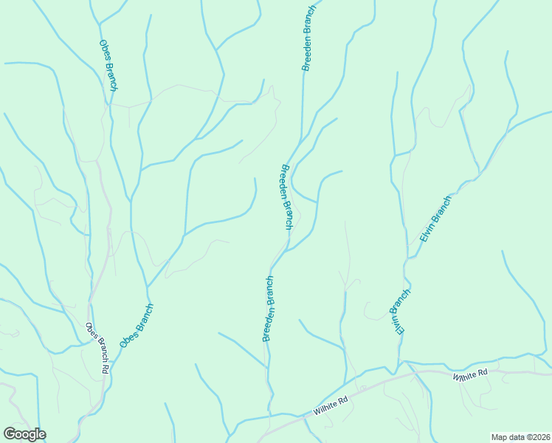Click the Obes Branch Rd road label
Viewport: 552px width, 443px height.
click(97, 348)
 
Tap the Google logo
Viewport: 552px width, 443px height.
click(24, 434)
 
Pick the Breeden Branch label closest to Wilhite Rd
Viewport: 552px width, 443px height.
click(269, 309)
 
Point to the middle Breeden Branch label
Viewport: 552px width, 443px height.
click(286, 196)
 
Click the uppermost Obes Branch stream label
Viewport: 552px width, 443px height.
click(108, 65)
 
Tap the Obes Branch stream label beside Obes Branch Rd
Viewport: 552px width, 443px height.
click(137, 326)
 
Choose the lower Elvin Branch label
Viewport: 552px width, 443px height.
click(401, 312)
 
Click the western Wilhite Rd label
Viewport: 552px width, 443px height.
click(330, 406)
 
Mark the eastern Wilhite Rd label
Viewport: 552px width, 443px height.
click(471, 375)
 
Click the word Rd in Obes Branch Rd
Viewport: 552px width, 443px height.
click(106, 366)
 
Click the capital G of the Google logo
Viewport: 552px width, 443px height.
click(10, 434)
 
